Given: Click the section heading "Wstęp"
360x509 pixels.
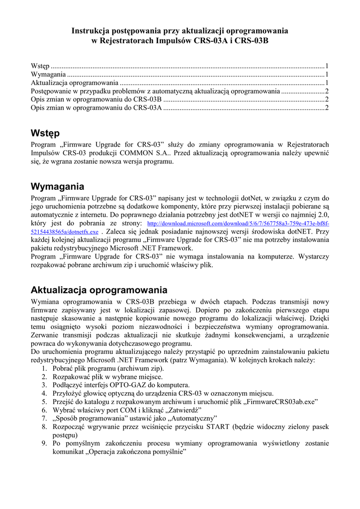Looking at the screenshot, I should click(45, 133).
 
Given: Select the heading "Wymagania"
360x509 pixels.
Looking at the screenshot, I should click(57, 187).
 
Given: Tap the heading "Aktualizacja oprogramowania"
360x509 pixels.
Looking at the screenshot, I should click(99, 290).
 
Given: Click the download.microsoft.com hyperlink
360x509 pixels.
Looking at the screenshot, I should click(239, 224).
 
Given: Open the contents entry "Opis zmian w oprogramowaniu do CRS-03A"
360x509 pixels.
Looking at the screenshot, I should click(96, 107).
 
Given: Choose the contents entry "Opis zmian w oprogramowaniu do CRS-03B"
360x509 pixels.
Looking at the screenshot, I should click(96, 99).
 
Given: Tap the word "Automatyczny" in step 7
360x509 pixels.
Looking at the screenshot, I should click(192, 419).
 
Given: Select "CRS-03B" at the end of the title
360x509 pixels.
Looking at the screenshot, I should click(251, 41).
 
